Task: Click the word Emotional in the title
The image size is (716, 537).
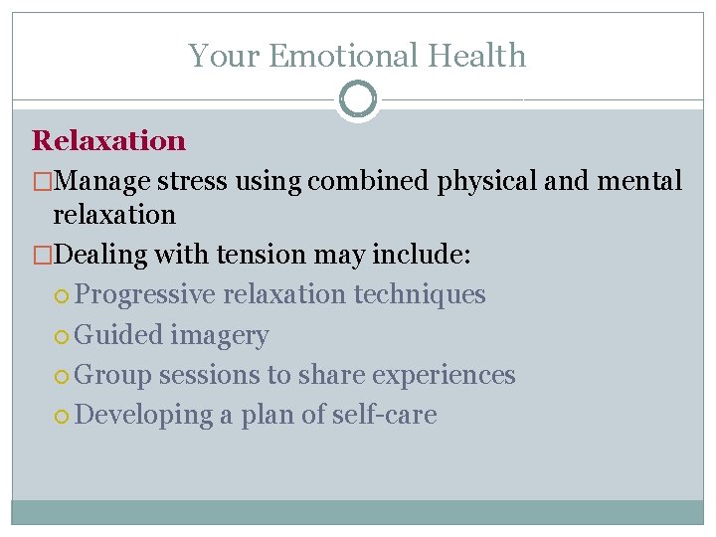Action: (334, 56)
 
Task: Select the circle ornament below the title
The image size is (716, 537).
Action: (358, 99)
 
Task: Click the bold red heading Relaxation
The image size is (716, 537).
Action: (108, 140)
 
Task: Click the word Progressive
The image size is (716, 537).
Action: (145, 295)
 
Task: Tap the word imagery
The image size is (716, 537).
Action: (219, 336)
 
